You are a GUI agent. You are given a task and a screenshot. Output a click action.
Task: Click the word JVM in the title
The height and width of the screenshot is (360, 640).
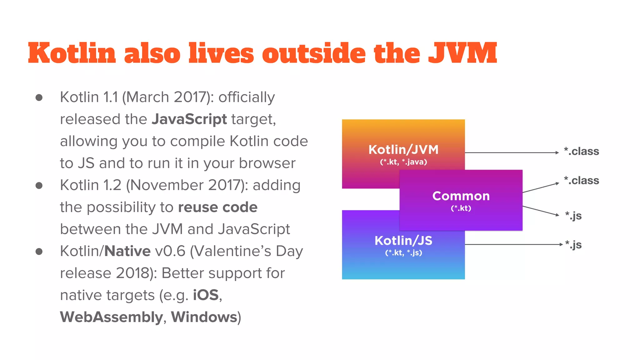pyautogui.click(x=462, y=53)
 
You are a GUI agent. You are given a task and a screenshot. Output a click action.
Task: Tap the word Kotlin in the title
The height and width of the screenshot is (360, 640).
pyautogui.click(x=72, y=53)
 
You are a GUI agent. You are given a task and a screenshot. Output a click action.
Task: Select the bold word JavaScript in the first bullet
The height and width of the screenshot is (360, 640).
pyautogui.click(x=189, y=119)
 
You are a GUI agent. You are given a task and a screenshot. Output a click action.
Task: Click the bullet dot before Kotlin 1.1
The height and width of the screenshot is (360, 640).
pyautogui.click(x=39, y=97)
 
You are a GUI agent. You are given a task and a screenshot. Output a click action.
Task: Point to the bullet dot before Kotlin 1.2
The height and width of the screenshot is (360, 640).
pyautogui.click(x=39, y=186)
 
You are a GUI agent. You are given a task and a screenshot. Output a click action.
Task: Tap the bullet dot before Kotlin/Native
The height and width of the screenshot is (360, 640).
pyautogui.click(x=39, y=252)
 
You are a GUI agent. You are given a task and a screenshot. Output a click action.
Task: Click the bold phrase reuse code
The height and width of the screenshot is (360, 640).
pyautogui.click(x=218, y=207)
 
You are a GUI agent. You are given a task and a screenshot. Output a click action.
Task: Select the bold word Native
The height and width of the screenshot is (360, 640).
pyautogui.click(x=127, y=251)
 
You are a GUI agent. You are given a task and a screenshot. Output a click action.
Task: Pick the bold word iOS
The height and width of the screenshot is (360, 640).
pyautogui.click(x=206, y=295)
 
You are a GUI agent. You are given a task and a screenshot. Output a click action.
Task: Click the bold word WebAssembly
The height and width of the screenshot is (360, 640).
pyautogui.click(x=111, y=317)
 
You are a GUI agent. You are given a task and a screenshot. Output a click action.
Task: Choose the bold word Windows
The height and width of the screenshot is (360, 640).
pyautogui.click(x=204, y=317)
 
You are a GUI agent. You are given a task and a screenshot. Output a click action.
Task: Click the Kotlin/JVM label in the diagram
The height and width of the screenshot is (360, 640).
pyautogui.click(x=403, y=150)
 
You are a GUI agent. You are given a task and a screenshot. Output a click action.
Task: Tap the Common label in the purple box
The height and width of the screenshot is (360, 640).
pyautogui.click(x=461, y=196)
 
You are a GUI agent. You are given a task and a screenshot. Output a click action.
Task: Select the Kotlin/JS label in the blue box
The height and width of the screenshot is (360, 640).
pyautogui.click(x=403, y=241)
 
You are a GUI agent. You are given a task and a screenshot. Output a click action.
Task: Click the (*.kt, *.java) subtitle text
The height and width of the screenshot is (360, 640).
pyautogui.click(x=403, y=162)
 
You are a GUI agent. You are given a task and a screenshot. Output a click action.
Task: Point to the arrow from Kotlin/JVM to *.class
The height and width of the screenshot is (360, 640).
pyautogui.click(x=512, y=152)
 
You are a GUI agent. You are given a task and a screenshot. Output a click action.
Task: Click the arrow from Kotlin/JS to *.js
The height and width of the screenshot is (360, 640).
pyautogui.click(x=513, y=244)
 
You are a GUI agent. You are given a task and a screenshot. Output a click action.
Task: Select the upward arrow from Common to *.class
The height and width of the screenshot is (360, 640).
pyautogui.click(x=541, y=187)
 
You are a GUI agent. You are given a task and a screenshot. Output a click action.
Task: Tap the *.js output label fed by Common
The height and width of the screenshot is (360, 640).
pyautogui.click(x=573, y=216)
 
